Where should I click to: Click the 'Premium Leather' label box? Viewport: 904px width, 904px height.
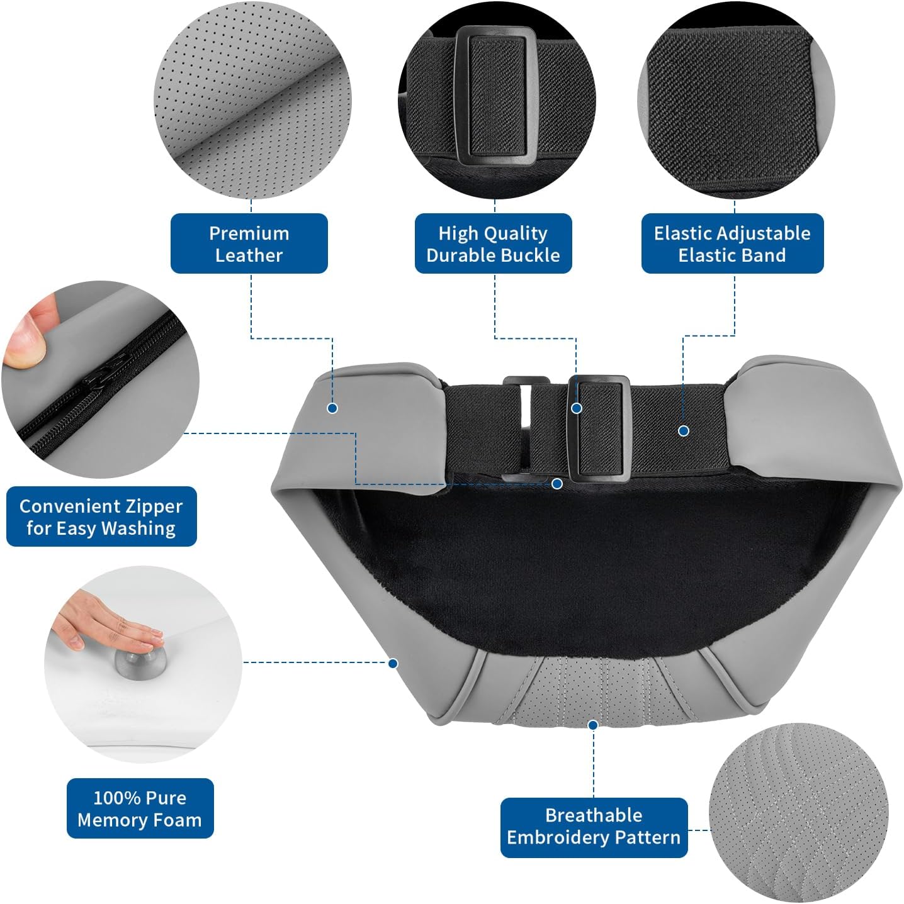[249, 243]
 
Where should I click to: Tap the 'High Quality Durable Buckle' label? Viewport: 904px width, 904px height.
[493, 243]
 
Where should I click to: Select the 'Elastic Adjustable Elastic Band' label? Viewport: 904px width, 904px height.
[732, 243]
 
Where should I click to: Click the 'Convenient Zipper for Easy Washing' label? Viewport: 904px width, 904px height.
[101, 516]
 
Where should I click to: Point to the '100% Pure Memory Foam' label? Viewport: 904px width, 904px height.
[140, 808]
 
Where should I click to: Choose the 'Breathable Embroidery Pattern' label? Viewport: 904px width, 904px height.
[594, 828]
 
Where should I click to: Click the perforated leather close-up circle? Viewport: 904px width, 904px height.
[252, 101]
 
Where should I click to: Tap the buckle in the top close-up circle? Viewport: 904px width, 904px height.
[496, 95]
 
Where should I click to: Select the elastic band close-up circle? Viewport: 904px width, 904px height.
[736, 101]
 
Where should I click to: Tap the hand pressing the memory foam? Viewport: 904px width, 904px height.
[108, 621]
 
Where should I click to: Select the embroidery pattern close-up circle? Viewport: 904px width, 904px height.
[798, 812]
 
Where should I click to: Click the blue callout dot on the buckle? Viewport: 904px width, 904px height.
[577, 408]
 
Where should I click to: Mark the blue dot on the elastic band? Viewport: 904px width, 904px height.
[684, 430]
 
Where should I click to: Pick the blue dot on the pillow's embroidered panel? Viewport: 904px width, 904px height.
[593, 725]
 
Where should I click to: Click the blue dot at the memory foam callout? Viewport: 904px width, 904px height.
[393, 663]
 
